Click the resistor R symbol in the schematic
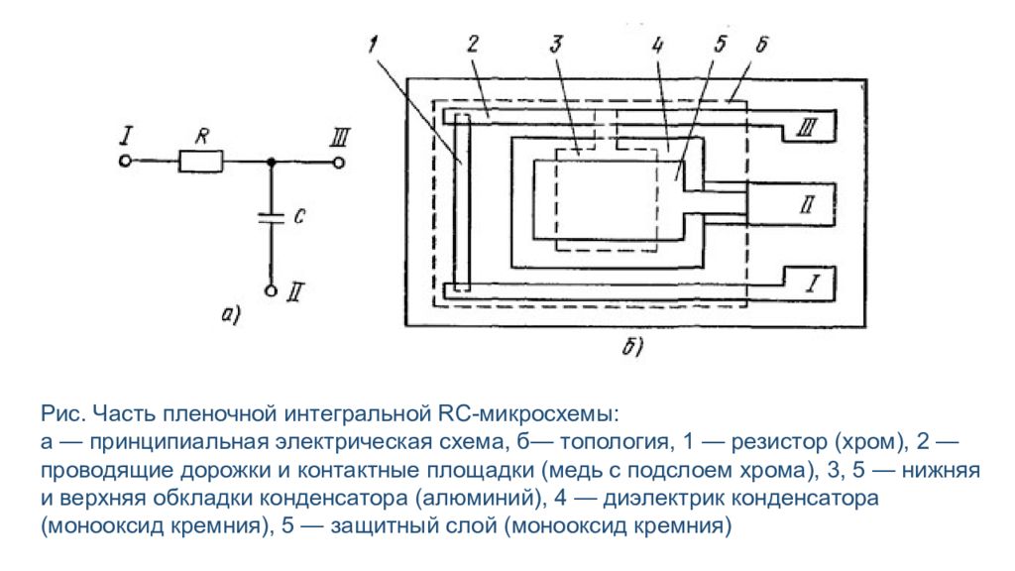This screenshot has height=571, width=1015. pyautogui.click(x=200, y=162)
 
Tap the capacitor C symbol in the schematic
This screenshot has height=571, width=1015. pyautogui.click(x=272, y=217)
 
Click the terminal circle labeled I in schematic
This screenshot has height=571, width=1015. pyautogui.click(x=126, y=162)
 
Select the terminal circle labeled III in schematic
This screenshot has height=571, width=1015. pyautogui.click(x=338, y=162)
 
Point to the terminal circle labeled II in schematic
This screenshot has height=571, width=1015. pyautogui.click(x=272, y=290)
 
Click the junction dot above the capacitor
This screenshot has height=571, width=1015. pyautogui.click(x=272, y=162)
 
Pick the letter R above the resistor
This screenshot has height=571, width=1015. pyautogui.click(x=202, y=137)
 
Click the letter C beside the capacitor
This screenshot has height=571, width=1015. pyautogui.click(x=299, y=216)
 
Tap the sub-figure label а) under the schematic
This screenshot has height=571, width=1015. pyautogui.click(x=231, y=315)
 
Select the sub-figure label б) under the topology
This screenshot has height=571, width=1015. pyautogui.click(x=632, y=347)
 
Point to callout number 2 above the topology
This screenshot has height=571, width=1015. pyautogui.click(x=473, y=44)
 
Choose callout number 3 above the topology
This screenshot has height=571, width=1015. pyautogui.click(x=556, y=44)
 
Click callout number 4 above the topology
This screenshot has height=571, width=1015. pyautogui.click(x=658, y=45)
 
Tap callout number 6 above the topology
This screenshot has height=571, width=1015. pyautogui.click(x=762, y=44)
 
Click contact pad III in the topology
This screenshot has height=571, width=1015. pyautogui.click(x=809, y=126)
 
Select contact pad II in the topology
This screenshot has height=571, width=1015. pyautogui.click(x=791, y=204)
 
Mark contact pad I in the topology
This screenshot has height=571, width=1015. pyautogui.click(x=809, y=283)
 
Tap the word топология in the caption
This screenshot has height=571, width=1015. pyautogui.click(x=614, y=441)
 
